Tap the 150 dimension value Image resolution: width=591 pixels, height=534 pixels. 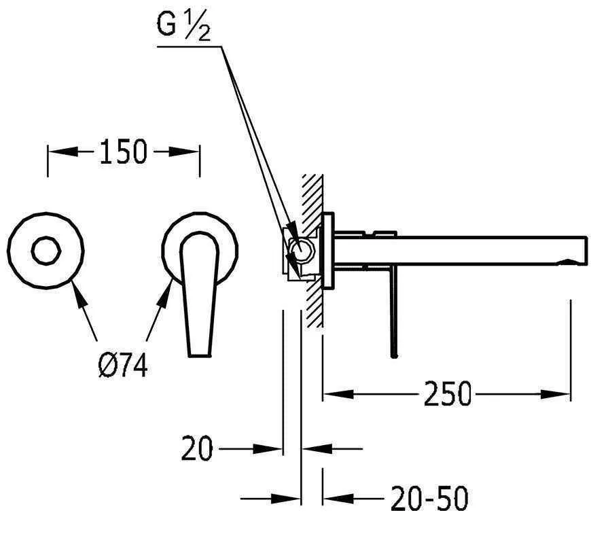coord(123,152)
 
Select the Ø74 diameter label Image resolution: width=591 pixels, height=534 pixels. coord(123,366)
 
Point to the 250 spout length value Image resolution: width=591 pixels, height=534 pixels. coord(448,394)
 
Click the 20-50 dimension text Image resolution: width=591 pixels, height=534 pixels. coord(429,498)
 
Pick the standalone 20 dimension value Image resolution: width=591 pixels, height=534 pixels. coord(197,448)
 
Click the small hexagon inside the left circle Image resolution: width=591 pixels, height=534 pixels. coord(46,251)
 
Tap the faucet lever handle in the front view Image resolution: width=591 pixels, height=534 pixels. coord(200,295)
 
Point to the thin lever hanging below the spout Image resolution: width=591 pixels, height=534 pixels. coord(394,310)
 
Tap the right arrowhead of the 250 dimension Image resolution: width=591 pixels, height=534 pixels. coord(555,395)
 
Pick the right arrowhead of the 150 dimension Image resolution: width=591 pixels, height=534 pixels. coord(183,152)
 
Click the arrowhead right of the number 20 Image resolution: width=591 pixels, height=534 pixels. coord(268,449)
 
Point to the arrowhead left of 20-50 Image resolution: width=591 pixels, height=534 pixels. coord(338,499)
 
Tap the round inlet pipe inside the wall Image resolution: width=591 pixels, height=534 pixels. coord(300,249)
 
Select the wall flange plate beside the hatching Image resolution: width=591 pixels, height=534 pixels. coord(329,251)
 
